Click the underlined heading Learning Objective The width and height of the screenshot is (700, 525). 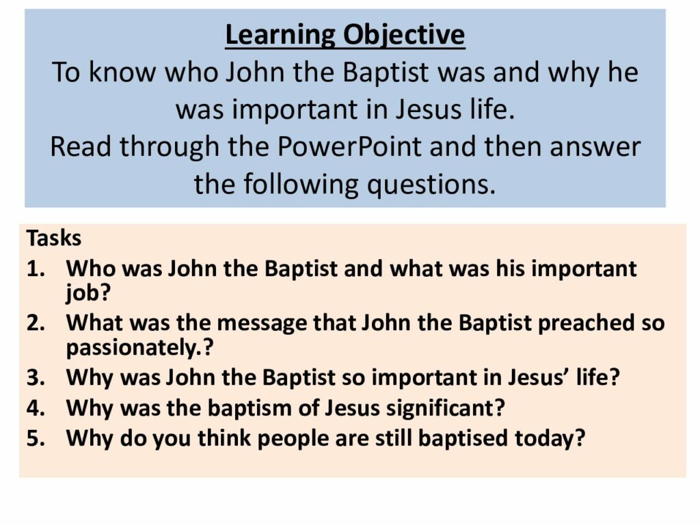point(345,36)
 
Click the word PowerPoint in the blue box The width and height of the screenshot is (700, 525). point(349,146)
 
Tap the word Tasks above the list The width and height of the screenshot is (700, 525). point(54,238)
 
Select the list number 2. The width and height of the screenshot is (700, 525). point(36,323)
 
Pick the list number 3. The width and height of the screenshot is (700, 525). point(36,377)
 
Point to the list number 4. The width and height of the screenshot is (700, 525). point(36,408)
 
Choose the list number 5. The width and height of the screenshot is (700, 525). point(36,438)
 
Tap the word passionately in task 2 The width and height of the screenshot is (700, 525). point(131,348)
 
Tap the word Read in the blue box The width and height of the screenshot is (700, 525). point(81,146)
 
